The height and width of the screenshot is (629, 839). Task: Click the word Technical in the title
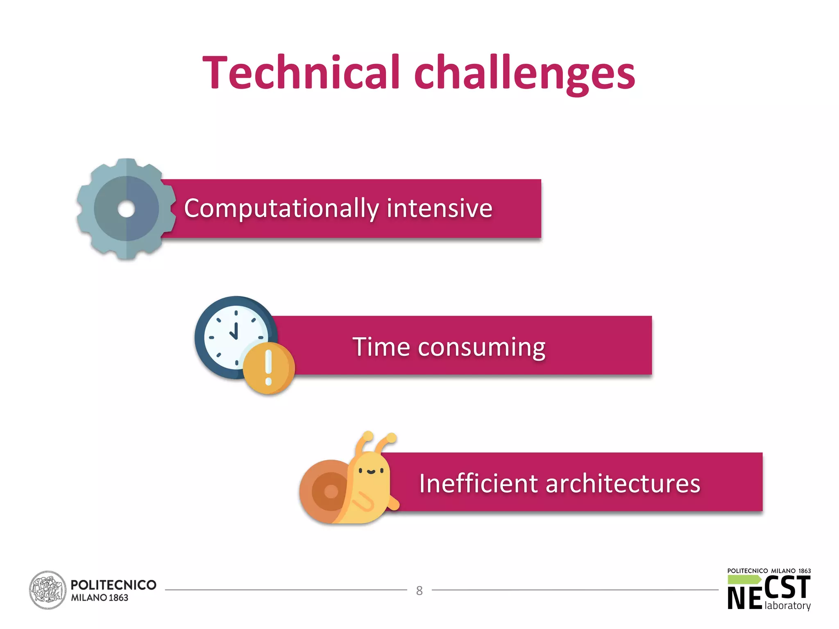pos(301,72)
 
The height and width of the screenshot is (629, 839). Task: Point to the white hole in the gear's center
pos(126,209)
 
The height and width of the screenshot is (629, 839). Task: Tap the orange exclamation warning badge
pos(268,368)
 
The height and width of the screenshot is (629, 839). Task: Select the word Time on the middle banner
pos(381,347)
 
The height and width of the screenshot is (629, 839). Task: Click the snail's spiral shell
pos(326,491)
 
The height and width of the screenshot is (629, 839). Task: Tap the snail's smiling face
pos(371,471)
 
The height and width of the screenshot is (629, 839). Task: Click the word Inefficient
pos(478,483)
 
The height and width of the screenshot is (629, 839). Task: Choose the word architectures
pos(623,484)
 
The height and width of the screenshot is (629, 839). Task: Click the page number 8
pos(419,591)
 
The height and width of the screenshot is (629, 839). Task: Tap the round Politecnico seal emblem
pos(48,590)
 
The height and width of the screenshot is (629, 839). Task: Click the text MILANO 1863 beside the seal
pos(100,598)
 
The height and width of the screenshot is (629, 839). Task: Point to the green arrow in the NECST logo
pos(744,579)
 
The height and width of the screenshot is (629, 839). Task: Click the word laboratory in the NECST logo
pos(787,606)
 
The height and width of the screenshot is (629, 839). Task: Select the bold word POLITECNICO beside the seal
pos(113,585)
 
